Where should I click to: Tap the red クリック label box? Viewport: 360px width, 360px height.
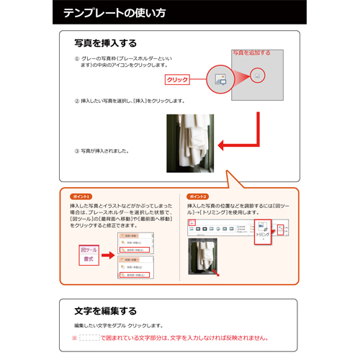(177, 80)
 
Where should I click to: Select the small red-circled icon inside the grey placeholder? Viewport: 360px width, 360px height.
(258, 74)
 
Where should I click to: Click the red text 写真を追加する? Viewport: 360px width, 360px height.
(251, 53)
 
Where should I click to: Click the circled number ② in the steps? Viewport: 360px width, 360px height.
(77, 101)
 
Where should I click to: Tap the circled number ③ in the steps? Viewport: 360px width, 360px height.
(77, 151)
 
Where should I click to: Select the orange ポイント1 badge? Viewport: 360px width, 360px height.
(81, 196)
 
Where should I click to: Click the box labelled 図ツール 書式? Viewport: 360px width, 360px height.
(89, 254)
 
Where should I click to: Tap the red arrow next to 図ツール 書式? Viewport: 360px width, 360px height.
(109, 254)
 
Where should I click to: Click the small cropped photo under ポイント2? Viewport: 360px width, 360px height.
(202, 256)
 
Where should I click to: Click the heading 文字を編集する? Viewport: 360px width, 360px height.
(105, 311)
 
